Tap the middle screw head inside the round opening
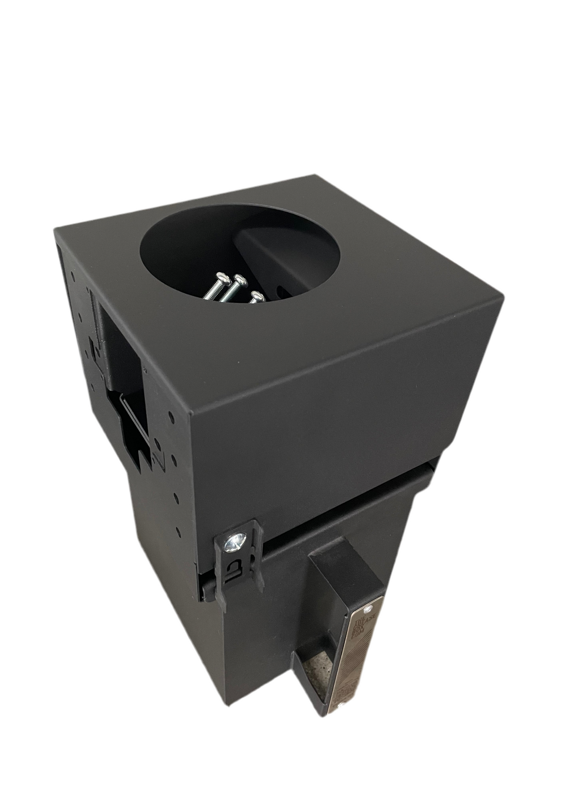[240, 279]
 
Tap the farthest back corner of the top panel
[313, 176]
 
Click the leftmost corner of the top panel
[55, 229]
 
